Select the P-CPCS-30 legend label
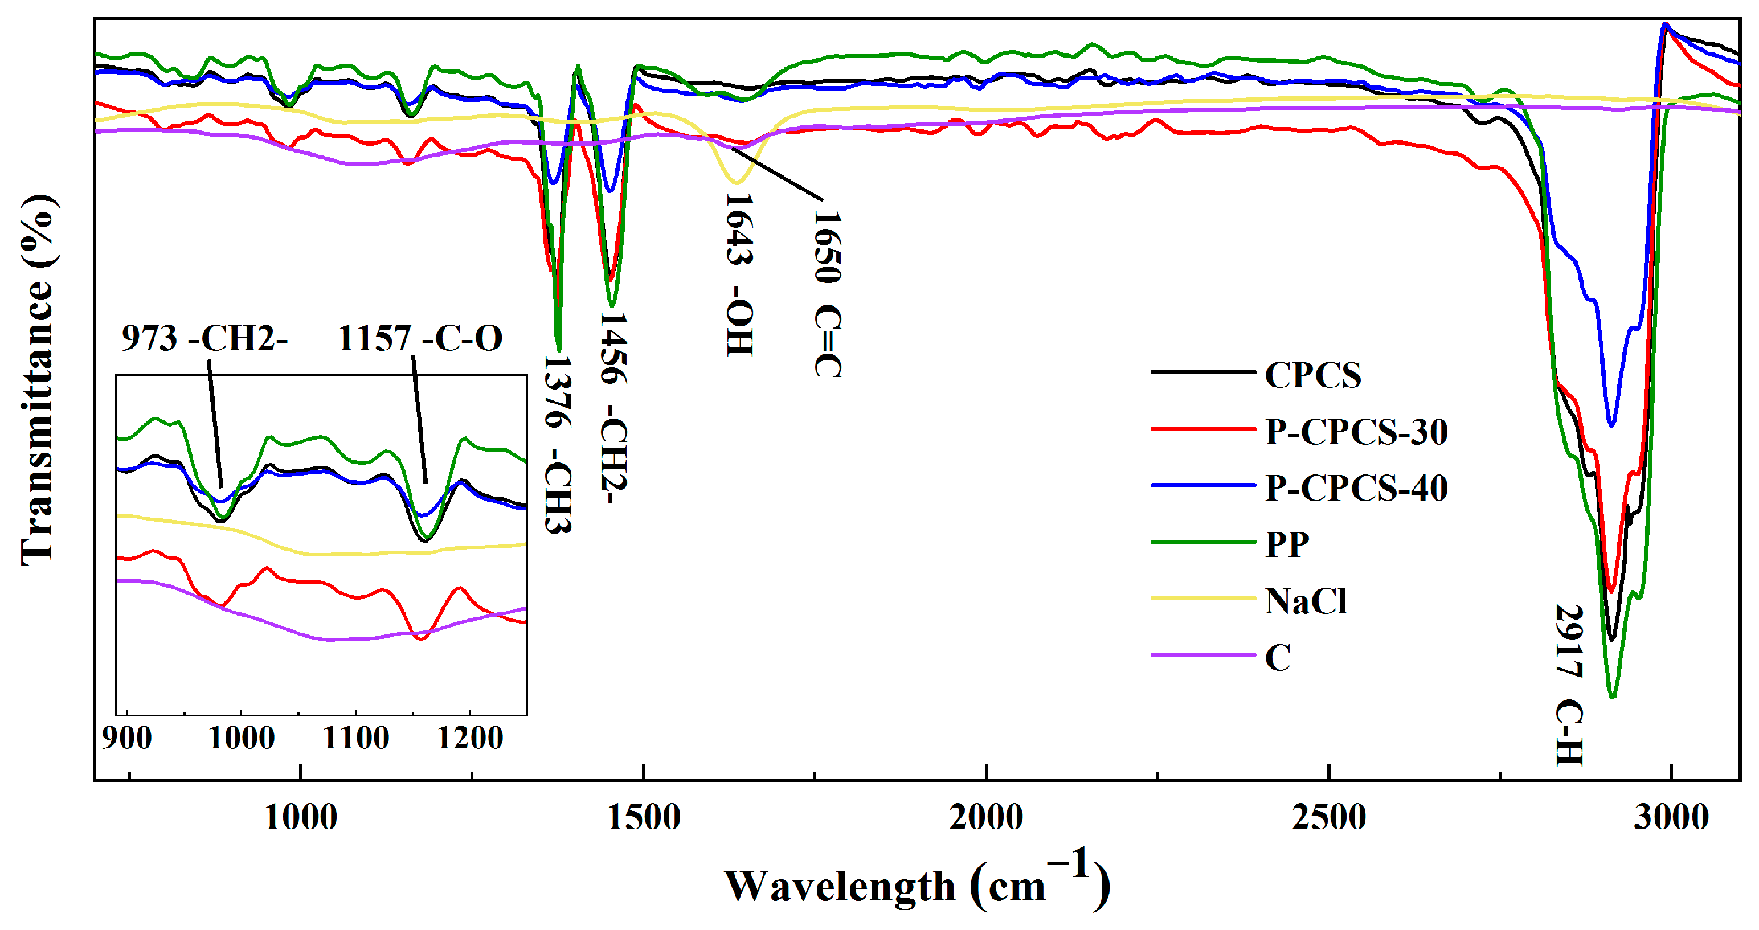point(1356,431)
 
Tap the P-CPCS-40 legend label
point(1356,487)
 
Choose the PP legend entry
point(1286,544)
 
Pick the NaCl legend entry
point(1305,601)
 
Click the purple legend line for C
point(1202,655)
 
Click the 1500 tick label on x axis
point(643,817)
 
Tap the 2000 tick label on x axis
point(986,817)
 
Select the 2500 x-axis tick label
point(1329,817)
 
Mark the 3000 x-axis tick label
point(1671,817)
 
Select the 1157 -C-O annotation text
point(420,337)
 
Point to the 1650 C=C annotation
point(828,294)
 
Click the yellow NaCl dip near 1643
point(735,181)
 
